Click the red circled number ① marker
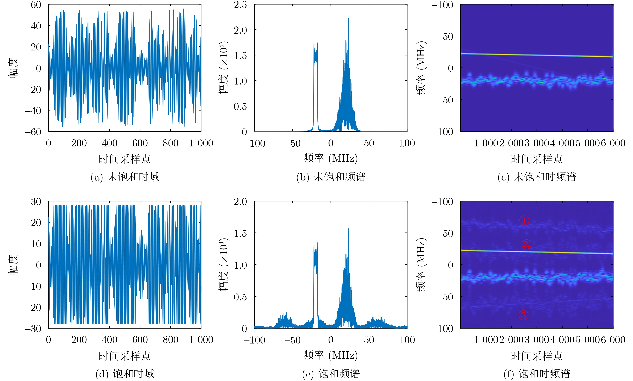[x=524, y=220]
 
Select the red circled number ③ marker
[x=523, y=315]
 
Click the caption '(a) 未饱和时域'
[x=125, y=177]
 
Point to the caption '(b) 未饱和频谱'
[x=331, y=177]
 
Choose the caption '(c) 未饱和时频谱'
[x=537, y=177]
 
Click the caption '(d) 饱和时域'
[x=125, y=374]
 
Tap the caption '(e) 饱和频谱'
[x=331, y=374]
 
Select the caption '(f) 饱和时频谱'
[x=537, y=374]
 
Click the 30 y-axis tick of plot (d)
[x=36, y=202]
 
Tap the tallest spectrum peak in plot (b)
[x=348, y=18]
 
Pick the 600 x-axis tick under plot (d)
[x=140, y=340]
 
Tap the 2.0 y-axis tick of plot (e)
[x=240, y=202]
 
